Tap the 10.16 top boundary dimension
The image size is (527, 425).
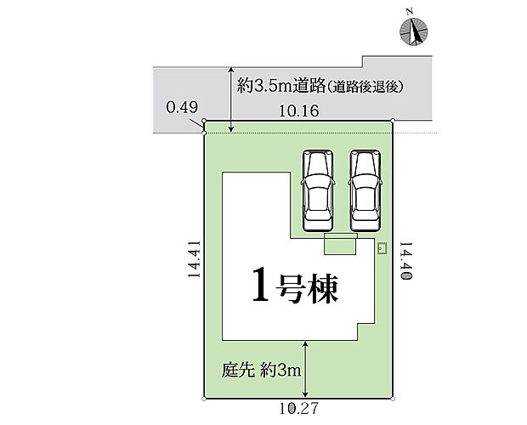click(x=297, y=110)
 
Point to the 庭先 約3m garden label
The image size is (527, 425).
click(x=254, y=371)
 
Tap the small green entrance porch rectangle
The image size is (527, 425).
click(x=341, y=245)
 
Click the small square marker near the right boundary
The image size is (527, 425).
click(x=381, y=247)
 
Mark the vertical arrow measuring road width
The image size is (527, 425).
click(x=232, y=100)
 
